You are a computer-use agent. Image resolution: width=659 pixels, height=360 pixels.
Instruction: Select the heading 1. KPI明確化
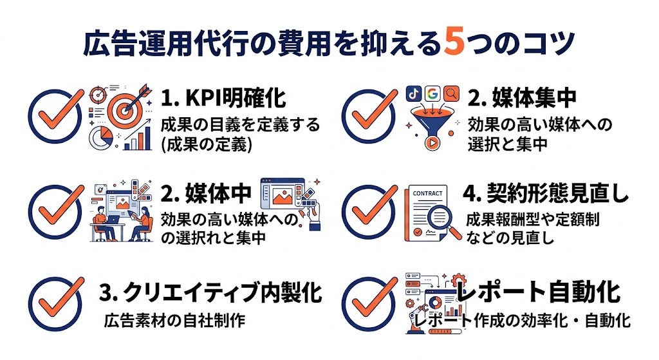tap(223, 99)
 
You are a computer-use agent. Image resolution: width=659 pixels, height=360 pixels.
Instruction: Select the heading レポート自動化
tap(538, 292)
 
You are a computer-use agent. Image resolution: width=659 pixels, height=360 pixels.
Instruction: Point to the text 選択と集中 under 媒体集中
tap(508, 144)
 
